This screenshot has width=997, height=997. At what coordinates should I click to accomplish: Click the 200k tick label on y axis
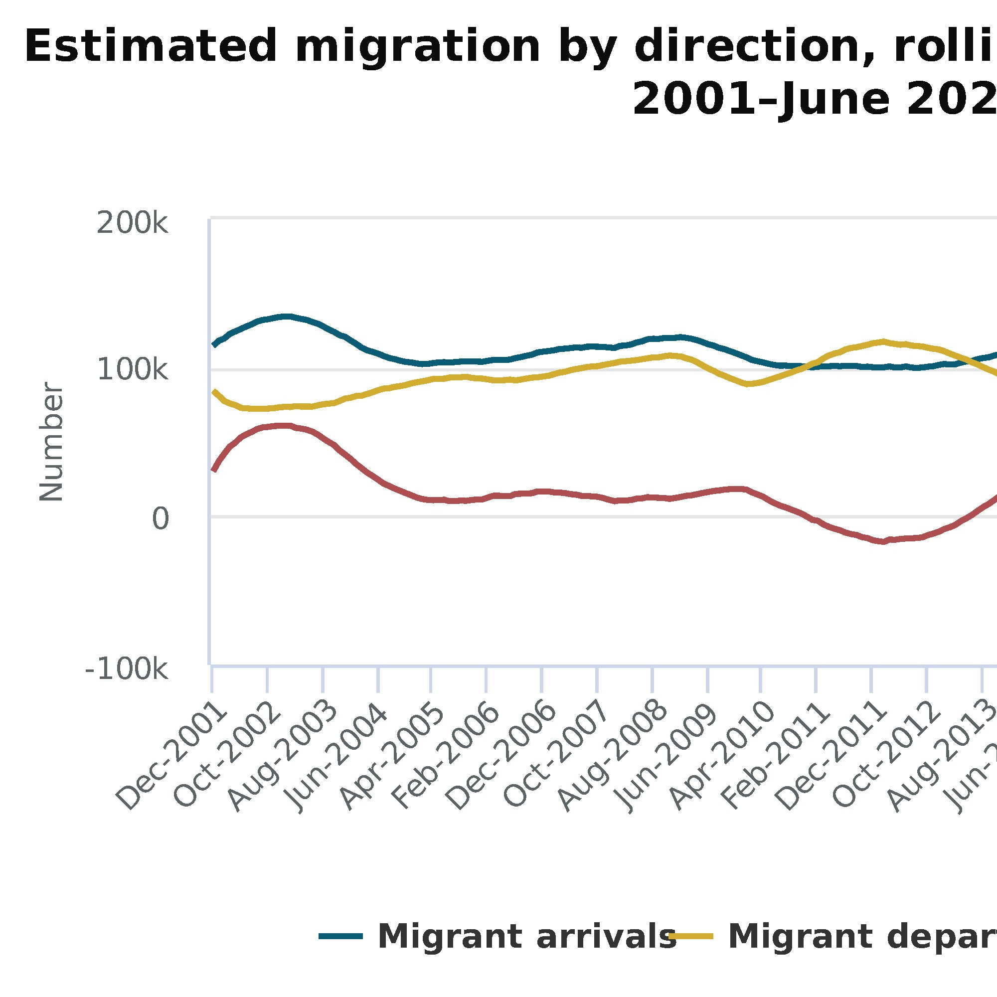[x=132, y=223]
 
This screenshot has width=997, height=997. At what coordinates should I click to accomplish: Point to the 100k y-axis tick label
[x=132, y=369]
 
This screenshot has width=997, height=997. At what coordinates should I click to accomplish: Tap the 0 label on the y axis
[x=160, y=519]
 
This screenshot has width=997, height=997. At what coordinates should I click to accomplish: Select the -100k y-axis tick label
[x=127, y=670]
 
